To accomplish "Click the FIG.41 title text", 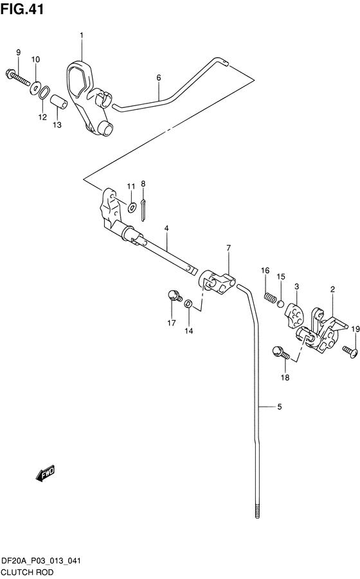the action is [22, 8].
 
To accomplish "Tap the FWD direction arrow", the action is [45, 474].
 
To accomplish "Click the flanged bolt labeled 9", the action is [17, 76].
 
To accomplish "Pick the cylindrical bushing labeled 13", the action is [59, 102].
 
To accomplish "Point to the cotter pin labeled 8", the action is [143, 210].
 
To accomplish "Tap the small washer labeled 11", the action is [131, 208].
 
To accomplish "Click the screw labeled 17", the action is [175, 296].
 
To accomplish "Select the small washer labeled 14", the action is [188, 304].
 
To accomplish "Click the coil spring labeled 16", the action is [270, 297].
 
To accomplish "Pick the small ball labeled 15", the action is [281, 304].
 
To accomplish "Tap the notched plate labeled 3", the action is [294, 315].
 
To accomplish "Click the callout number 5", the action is [280, 407].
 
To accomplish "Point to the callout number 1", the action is [82, 35].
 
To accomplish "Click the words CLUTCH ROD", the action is [28, 573].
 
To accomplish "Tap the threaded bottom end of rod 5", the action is [257, 509].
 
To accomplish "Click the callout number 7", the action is [229, 248].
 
